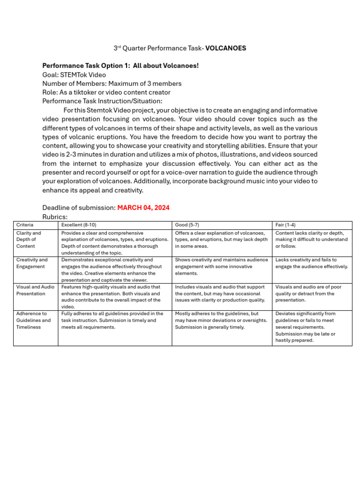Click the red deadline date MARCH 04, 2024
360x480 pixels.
coord(143,208)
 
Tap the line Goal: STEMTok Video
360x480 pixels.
coord(74,75)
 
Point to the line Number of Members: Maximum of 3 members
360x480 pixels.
coord(112,83)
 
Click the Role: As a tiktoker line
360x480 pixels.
coord(106,92)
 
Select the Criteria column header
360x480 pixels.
coord(25,225)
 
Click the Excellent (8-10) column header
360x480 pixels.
coord(79,225)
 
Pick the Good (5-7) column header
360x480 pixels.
coord(187,225)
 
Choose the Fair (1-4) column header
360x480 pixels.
coord(285,225)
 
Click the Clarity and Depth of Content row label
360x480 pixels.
coord(29,240)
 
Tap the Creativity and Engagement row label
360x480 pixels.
coord(32,263)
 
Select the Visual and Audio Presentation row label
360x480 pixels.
coord(35,290)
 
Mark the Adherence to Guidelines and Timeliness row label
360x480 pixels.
coord(33,320)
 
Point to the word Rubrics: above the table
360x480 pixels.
coord(55,217)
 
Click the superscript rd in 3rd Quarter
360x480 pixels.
coord(119,47)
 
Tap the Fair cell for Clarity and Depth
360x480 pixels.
coord(311,240)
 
